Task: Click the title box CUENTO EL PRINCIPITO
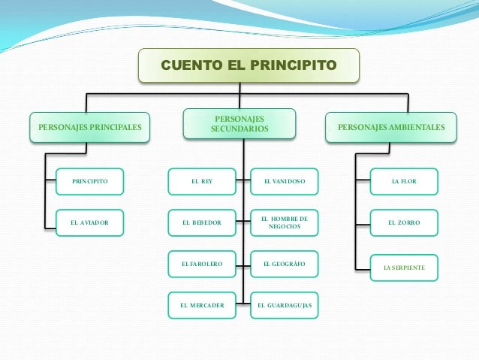pos(249,65)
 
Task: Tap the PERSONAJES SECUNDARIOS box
pos(239,125)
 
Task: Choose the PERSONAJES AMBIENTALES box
pos(391,127)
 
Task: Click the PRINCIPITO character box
pos(89,182)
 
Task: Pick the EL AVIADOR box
pos(89,223)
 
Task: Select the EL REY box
pos(201,182)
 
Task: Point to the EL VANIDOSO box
pos(284,182)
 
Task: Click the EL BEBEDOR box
pos(201,223)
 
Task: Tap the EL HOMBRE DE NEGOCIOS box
pos(284,222)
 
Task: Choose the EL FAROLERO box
pos(201,265)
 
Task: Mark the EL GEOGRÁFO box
pos(284,265)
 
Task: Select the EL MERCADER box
pos(201,306)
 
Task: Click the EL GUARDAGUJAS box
pos(284,306)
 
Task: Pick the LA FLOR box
pos(404,182)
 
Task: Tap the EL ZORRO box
pos(404,223)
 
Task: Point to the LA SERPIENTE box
pos(404,268)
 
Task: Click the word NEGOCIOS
pos(285,227)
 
